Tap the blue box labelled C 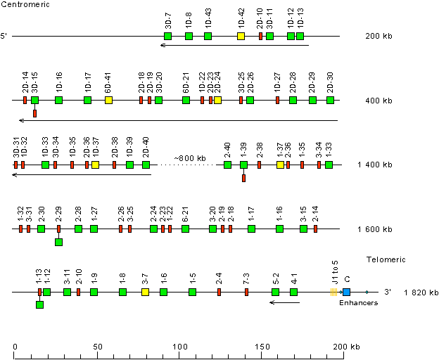point(346,292)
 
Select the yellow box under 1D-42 point(241,36)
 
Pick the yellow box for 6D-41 point(108,101)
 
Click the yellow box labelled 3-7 point(145,292)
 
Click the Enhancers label point(358,303)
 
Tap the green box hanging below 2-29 point(58,242)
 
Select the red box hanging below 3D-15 point(34,113)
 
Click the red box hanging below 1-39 point(243,178)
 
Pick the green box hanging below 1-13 point(39,304)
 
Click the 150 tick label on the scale point(261,347)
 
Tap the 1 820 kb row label point(421,292)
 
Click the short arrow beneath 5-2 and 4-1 point(284,302)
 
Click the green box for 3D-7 point(167,36)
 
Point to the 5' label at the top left point(5,36)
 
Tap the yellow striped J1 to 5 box point(333,292)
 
